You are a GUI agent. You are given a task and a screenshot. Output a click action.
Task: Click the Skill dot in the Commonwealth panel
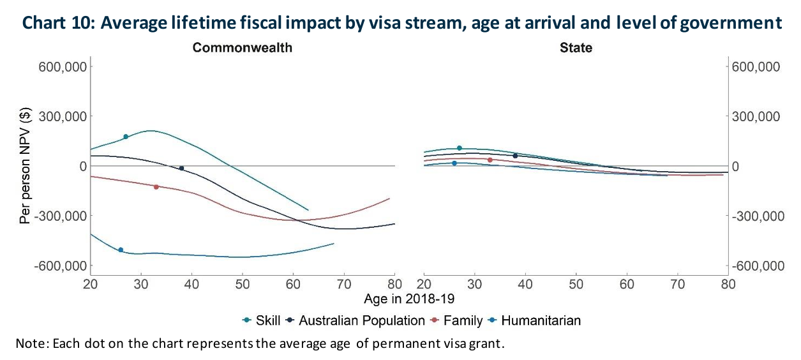126,137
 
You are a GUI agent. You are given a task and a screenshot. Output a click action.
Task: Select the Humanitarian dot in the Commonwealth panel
121,250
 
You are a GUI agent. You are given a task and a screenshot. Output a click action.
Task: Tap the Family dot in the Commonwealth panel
156,186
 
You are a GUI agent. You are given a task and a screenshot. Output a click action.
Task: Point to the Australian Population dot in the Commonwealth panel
181,169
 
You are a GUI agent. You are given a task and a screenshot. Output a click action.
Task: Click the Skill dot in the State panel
459,148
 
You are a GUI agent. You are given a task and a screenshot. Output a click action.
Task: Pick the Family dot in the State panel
490,160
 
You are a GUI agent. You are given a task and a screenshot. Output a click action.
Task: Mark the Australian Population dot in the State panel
515,156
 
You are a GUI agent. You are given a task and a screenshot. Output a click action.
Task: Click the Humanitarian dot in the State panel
454,163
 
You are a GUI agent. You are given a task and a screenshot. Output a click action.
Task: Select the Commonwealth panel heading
243,48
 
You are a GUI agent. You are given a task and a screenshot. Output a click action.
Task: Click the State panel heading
576,48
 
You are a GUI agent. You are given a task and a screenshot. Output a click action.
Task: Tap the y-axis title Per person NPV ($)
25,166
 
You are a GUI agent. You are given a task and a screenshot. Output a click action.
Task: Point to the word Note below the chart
30,344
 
